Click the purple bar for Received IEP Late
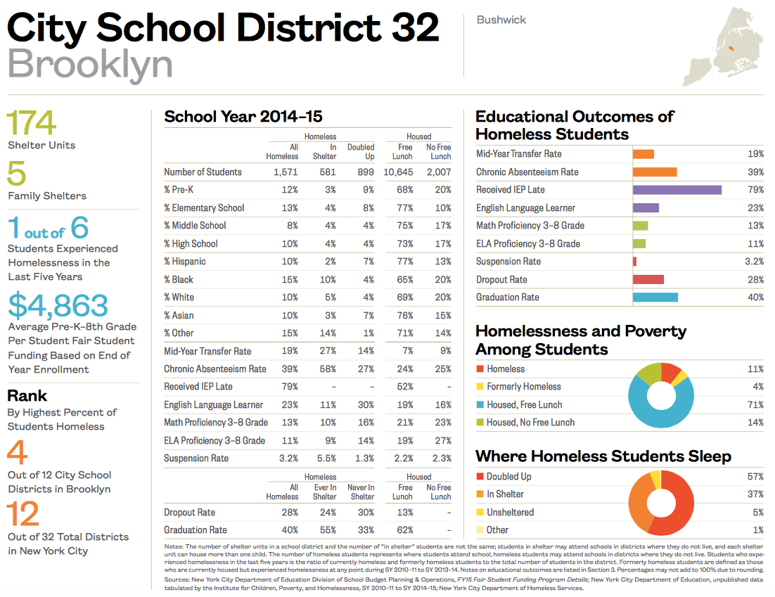677,190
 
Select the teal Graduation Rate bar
655,297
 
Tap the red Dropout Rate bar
648,279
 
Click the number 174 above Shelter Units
32,124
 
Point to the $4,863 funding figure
58,306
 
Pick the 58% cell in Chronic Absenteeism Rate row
326,368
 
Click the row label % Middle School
195,226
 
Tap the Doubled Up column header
361,152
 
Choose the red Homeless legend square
480,368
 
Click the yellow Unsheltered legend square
480,512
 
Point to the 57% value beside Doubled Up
755,476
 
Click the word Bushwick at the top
501,20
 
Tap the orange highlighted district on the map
731,49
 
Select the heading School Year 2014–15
243,117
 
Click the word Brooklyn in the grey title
90,64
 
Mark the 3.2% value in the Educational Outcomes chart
754,262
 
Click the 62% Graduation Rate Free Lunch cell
404,530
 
